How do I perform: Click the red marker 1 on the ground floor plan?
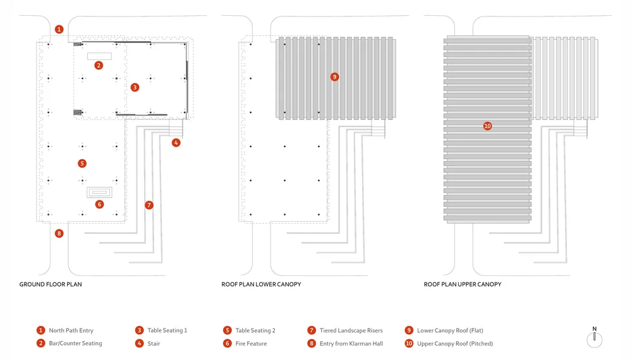[x=59, y=29]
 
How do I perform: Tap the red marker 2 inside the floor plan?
[x=99, y=65]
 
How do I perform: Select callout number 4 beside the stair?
[x=176, y=143]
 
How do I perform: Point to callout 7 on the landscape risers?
[x=149, y=205]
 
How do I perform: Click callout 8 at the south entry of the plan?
[x=59, y=233]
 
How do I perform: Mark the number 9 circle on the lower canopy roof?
[x=334, y=76]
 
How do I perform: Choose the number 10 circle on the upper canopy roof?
[x=487, y=126]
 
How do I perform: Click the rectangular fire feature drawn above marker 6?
[x=99, y=192]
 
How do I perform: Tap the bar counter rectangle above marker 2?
[x=99, y=56]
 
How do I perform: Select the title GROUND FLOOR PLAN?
[x=51, y=285]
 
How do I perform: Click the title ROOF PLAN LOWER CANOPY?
[x=261, y=285]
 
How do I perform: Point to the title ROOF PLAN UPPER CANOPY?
[x=463, y=285]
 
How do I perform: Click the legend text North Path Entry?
[x=71, y=330]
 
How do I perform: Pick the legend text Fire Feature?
[x=251, y=344]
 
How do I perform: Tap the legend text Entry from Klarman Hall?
[x=351, y=344]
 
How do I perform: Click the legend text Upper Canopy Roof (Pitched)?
[x=455, y=344]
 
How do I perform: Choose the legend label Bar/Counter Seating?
[x=75, y=344]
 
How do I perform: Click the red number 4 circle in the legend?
[x=139, y=344]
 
